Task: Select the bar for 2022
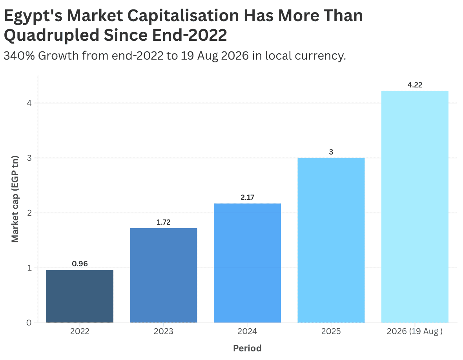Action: click(80, 296)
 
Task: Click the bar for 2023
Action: click(164, 275)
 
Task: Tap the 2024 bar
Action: click(248, 263)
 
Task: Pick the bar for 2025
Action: click(331, 240)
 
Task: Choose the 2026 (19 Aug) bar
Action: click(415, 207)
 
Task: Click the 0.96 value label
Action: click(80, 264)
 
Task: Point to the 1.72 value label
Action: click(164, 222)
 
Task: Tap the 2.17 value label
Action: click(248, 197)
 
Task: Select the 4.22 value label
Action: click(415, 85)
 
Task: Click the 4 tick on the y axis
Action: click(29, 103)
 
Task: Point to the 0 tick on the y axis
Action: click(29, 322)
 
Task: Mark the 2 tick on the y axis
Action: click(29, 213)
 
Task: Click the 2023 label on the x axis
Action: click(164, 331)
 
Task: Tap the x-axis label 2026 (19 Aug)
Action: click(415, 331)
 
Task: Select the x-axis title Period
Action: click(248, 348)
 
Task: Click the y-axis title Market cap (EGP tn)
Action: click(15, 199)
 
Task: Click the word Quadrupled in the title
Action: click(51, 35)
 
